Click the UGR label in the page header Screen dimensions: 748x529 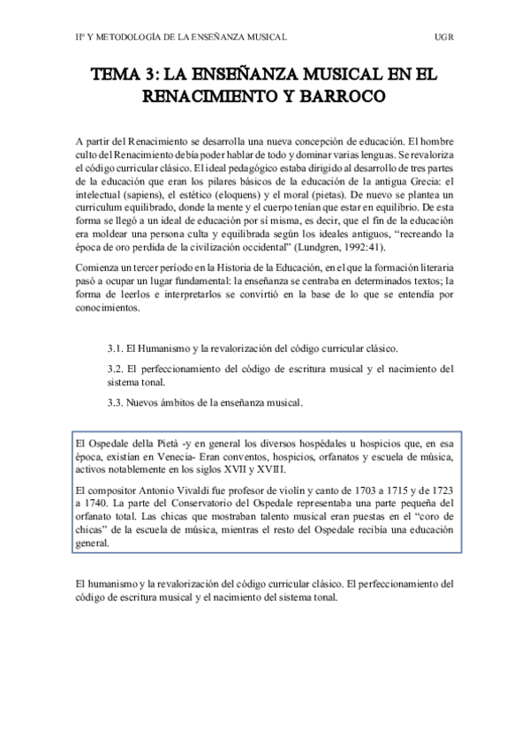click(x=444, y=37)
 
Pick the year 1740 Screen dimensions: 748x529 click(x=104, y=503)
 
